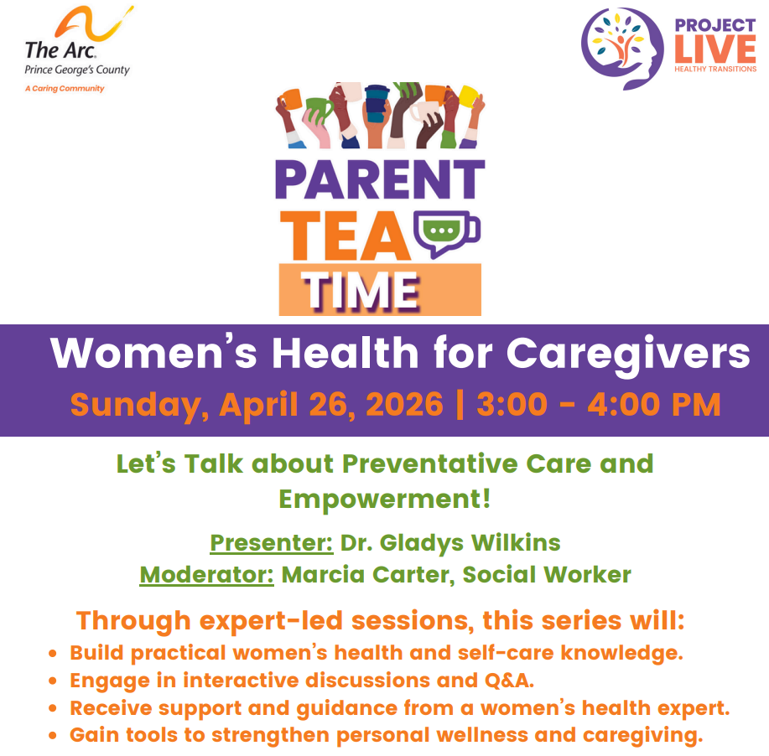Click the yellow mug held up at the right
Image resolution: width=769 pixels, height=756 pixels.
pos(470,96)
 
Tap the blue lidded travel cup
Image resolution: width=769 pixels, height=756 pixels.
pos(377,103)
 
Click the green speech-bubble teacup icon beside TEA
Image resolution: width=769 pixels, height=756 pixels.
pos(446,233)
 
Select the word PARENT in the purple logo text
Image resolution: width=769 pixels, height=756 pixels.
pos(380,179)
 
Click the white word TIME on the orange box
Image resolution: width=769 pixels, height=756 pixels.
pos(361,291)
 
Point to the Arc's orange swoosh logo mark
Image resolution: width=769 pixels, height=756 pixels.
pos(93,23)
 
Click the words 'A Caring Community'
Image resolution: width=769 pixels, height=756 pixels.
pos(65,89)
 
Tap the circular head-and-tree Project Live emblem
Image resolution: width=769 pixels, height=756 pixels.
pos(622,48)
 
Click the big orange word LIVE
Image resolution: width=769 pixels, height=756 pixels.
pos(715,49)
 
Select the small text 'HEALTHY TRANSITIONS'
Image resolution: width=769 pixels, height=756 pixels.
pos(715,69)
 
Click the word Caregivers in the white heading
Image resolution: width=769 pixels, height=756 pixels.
pos(628,354)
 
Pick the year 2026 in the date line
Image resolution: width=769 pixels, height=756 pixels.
pos(404,405)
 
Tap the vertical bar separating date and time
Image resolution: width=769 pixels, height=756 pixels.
pos(460,405)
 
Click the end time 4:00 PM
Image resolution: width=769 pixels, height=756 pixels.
pos(654,405)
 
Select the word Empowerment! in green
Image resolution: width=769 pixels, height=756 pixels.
pos(384,499)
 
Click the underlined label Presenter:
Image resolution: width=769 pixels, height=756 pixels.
pos(272,543)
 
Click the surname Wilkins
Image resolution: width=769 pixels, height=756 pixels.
pos(516,543)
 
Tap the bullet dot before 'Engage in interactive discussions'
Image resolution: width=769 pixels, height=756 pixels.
pos(53,681)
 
